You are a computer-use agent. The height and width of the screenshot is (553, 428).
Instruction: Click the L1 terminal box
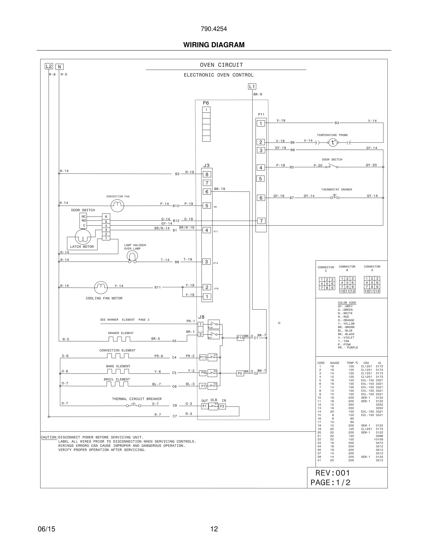[252, 87]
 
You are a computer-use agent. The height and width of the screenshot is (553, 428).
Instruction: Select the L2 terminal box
[49, 66]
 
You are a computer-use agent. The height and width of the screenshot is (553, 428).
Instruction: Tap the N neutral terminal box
[59, 67]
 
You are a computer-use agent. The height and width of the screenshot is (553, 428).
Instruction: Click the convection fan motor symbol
[117, 206]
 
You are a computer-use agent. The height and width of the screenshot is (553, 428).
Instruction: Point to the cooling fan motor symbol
[101, 287]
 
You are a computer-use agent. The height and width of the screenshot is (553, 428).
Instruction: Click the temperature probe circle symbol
[333, 142]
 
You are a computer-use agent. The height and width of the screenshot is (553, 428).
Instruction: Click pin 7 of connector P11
[261, 221]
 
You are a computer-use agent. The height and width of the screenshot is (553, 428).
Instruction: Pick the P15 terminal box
[240, 338]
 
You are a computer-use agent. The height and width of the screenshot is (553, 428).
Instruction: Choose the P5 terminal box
[240, 373]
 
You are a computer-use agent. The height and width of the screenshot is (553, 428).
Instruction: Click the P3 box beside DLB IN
[222, 406]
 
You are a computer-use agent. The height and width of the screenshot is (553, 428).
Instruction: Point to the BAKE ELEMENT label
[118, 366]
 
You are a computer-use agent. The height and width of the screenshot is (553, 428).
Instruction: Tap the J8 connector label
[201, 317]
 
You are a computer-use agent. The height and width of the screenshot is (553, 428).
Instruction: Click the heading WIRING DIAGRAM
[214, 45]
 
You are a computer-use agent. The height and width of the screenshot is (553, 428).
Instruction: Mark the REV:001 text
[332, 473]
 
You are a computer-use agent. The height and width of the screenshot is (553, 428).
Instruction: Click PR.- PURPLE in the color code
[348, 348]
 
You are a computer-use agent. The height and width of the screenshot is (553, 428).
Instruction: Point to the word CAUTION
[49, 437]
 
